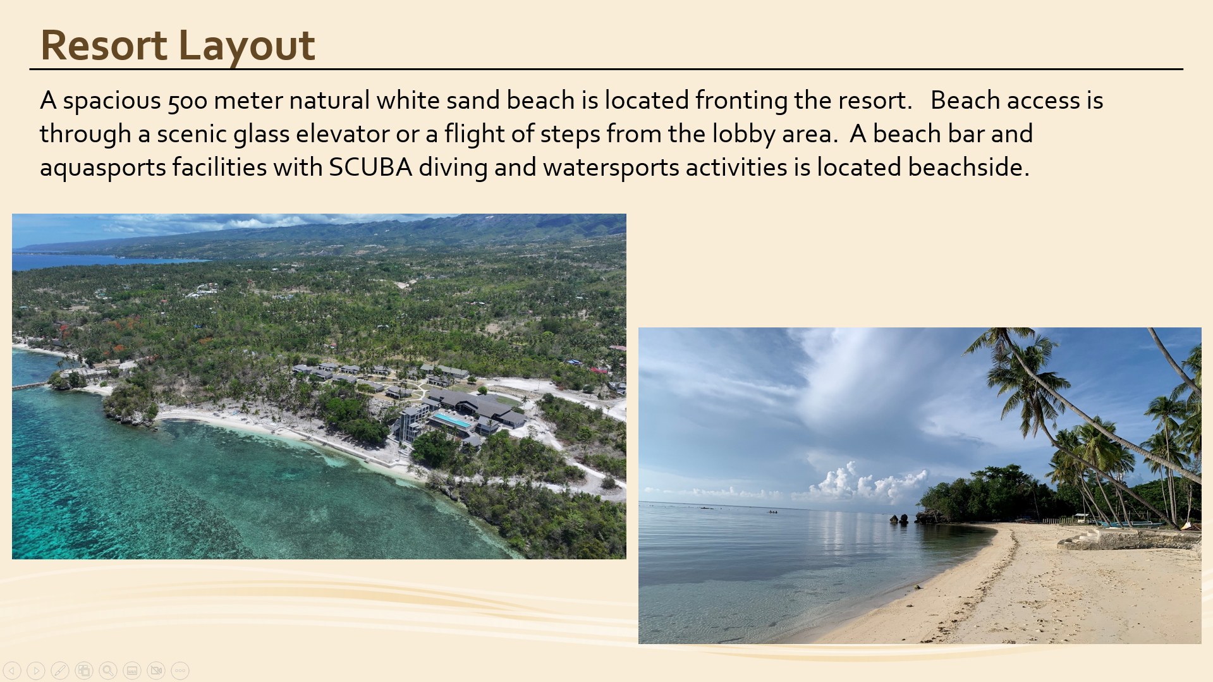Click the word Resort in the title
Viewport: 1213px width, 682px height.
pyautogui.click(x=104, y=45)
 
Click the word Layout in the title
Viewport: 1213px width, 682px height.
pyautogui.click(x=247, y=46)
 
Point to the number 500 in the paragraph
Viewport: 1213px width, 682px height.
pyautogui.click(x=188, y=100)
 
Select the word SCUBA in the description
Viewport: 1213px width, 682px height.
pyautogui.click(x=370, y=167)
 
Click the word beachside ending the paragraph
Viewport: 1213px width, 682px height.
pyautogui.click(x=968, y=167)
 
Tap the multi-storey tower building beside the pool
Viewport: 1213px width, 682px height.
pyautogui.click(x=410, y=422)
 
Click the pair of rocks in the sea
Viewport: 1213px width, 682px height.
pyautogui.click(x=900, y=520)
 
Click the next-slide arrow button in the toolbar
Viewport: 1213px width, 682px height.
pyautogui.click(x=36, y=671)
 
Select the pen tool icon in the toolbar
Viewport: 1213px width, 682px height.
pyautogui.click(x=60, y=671)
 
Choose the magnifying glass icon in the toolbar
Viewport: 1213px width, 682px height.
pyautogui.click(x=108, y=671)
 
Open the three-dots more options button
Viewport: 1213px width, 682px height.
pyautogui.click(x=180, y=671)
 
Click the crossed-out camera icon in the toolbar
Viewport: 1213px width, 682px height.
pyautogui.click(x=156, y=671)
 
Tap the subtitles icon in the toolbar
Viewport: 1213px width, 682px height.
pyautogui.click(x=132, y=671)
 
